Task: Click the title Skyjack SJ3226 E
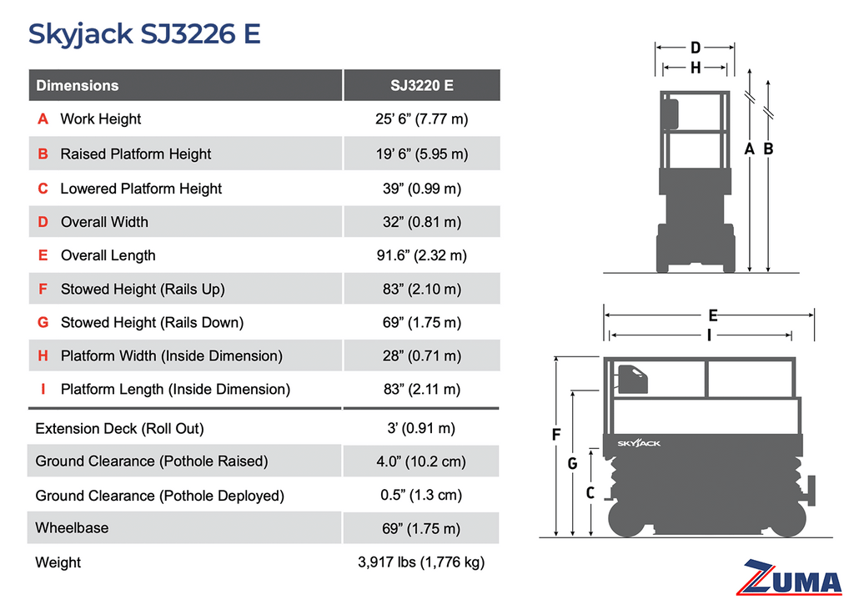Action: pyautogui.click(x=144, y=34)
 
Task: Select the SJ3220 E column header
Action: pyautogui.click(x=421, y=86)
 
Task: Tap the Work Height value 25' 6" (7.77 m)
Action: pyautogui.click(x=421, y=118)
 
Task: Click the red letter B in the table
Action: pyautogui.click(x=43, y=154)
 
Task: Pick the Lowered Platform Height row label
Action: pyautogui.click(x=141, y=189)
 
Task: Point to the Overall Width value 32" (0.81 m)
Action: pyautogui.click(x=421, y=222)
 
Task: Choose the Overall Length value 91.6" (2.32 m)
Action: pyautogui.click(x=421, y=255)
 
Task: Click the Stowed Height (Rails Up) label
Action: pyautogui.click(x=143, y=289)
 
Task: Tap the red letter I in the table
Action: pyautogui.click(x=43, y=389)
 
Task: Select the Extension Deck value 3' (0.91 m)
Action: pyautogui.click(x=421, y=428)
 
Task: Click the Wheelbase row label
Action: pyautogui.click(x=72, y=527)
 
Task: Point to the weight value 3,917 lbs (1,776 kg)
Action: pyautogui.click(x=421, y=562)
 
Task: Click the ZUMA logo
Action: pyautogui.click(x=789, y=577)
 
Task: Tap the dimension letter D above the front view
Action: pyautogui.click(x=696, y=48)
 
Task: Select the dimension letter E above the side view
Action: pyautogui.click(x=712, y=315)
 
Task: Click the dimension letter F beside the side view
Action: pyautogui.click(x=556, y=435)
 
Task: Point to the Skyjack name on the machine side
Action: pyautogui.click(x=639, y=443)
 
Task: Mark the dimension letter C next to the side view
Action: pyautogui.click(x=590, y=493)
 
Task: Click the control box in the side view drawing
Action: pyautogui.click(x=632, y=380)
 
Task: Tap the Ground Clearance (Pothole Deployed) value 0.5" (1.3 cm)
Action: pyautogui.click(x=421, y=495)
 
